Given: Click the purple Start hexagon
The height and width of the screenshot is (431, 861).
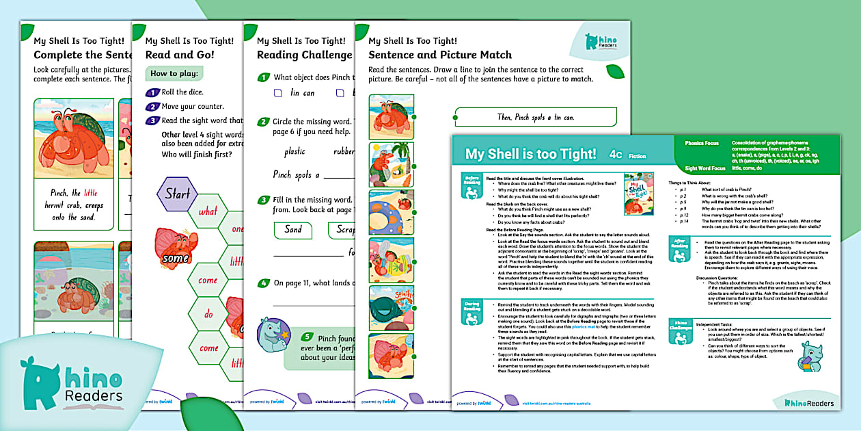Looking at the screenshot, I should pos(178,194).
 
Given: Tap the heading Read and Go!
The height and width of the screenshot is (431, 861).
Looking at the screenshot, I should pos(180,55).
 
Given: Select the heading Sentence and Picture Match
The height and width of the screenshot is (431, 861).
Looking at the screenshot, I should pos(439,55).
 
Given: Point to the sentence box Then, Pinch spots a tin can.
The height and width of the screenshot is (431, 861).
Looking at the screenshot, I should pos(535,117).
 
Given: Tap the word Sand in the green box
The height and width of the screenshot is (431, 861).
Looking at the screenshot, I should pos(293,230).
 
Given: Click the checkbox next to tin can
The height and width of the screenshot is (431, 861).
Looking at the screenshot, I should pos(278,93).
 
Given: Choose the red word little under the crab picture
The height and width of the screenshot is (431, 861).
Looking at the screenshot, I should pos(95,193).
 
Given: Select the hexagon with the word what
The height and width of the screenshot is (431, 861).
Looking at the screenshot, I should pos(208,211).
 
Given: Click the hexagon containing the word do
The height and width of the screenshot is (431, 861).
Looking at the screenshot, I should pos(208,315).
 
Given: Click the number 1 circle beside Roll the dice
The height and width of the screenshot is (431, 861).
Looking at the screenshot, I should pos(152,92).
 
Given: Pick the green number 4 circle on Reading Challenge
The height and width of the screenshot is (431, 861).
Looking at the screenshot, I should pos(263,283).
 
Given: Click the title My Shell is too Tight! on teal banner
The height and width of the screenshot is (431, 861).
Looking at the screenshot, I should pos(530,154).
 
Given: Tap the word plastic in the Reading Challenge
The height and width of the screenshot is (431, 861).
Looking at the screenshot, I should pos(295,152).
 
